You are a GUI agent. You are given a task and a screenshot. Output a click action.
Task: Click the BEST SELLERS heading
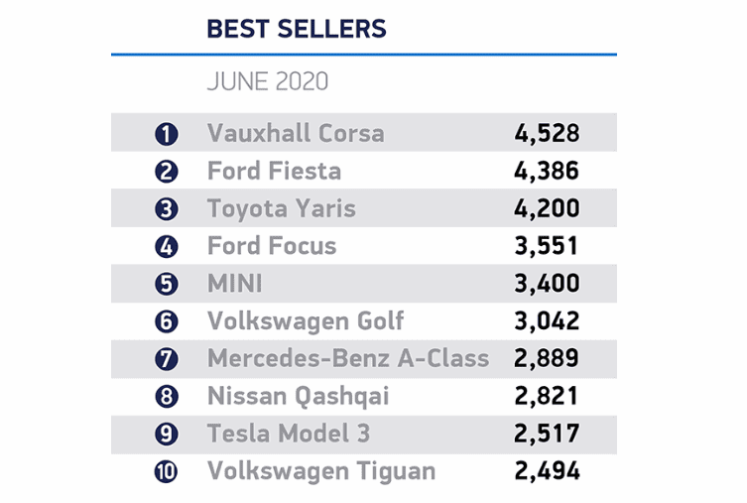tap(296, 29)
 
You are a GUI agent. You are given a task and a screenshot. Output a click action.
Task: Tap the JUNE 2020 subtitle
tap(267, 81)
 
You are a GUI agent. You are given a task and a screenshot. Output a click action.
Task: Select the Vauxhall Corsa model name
tap(295, 133)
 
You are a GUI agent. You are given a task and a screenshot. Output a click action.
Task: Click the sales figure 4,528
tap(547, 133)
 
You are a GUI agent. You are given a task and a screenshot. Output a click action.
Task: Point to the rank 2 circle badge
tap(167, 172)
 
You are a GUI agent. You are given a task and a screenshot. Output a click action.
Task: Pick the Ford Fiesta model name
tap(274, 171)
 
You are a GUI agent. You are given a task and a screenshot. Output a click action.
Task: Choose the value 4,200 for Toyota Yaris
tap(548, 208)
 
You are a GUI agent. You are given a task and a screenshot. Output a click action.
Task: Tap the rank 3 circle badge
tap(167, 209)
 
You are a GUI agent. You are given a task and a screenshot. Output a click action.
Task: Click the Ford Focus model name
tap(272, 246)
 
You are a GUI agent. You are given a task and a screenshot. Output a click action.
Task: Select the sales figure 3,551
tap(547, 246)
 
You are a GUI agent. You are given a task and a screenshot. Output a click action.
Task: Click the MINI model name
tap(235, 284)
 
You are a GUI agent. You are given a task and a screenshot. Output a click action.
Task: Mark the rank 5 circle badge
tap(167, 284)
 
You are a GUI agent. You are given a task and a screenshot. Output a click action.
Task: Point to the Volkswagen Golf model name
tap(306, 321)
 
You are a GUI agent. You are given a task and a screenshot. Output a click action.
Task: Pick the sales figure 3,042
tap(548, 321)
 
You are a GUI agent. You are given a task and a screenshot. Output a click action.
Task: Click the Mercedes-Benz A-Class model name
tap(348, 359)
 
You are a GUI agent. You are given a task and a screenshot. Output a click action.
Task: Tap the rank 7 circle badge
tap(167, 359)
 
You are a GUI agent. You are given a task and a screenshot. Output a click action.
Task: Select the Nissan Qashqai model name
tap(298, 397)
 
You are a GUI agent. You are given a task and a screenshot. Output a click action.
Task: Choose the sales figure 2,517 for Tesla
tap(547, 435)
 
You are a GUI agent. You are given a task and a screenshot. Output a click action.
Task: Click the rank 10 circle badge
tap(167, 472)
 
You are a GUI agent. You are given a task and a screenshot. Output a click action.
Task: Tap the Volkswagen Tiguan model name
tap(320, 471)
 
